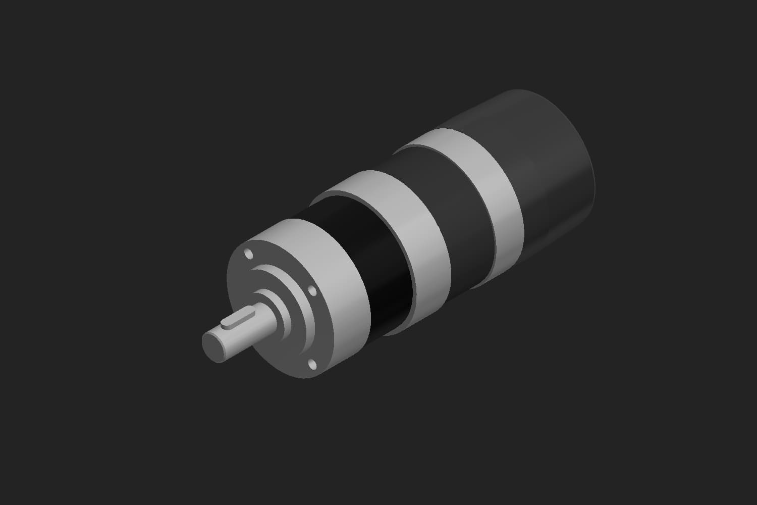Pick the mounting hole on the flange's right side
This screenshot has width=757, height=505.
[x=311, y=291]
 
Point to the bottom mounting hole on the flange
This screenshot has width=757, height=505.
[x=311, y=363]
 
